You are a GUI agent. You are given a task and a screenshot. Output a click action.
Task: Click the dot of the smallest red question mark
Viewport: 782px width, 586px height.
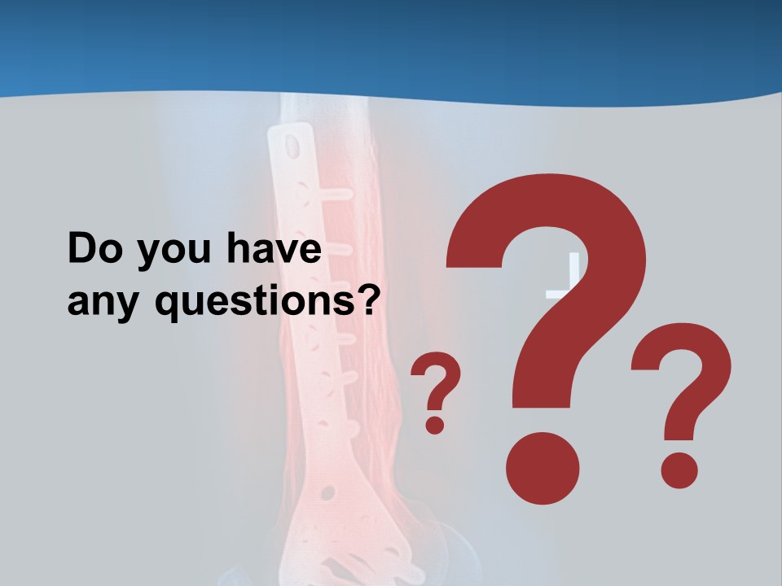435,424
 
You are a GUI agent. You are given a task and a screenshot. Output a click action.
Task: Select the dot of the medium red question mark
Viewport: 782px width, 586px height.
679,470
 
